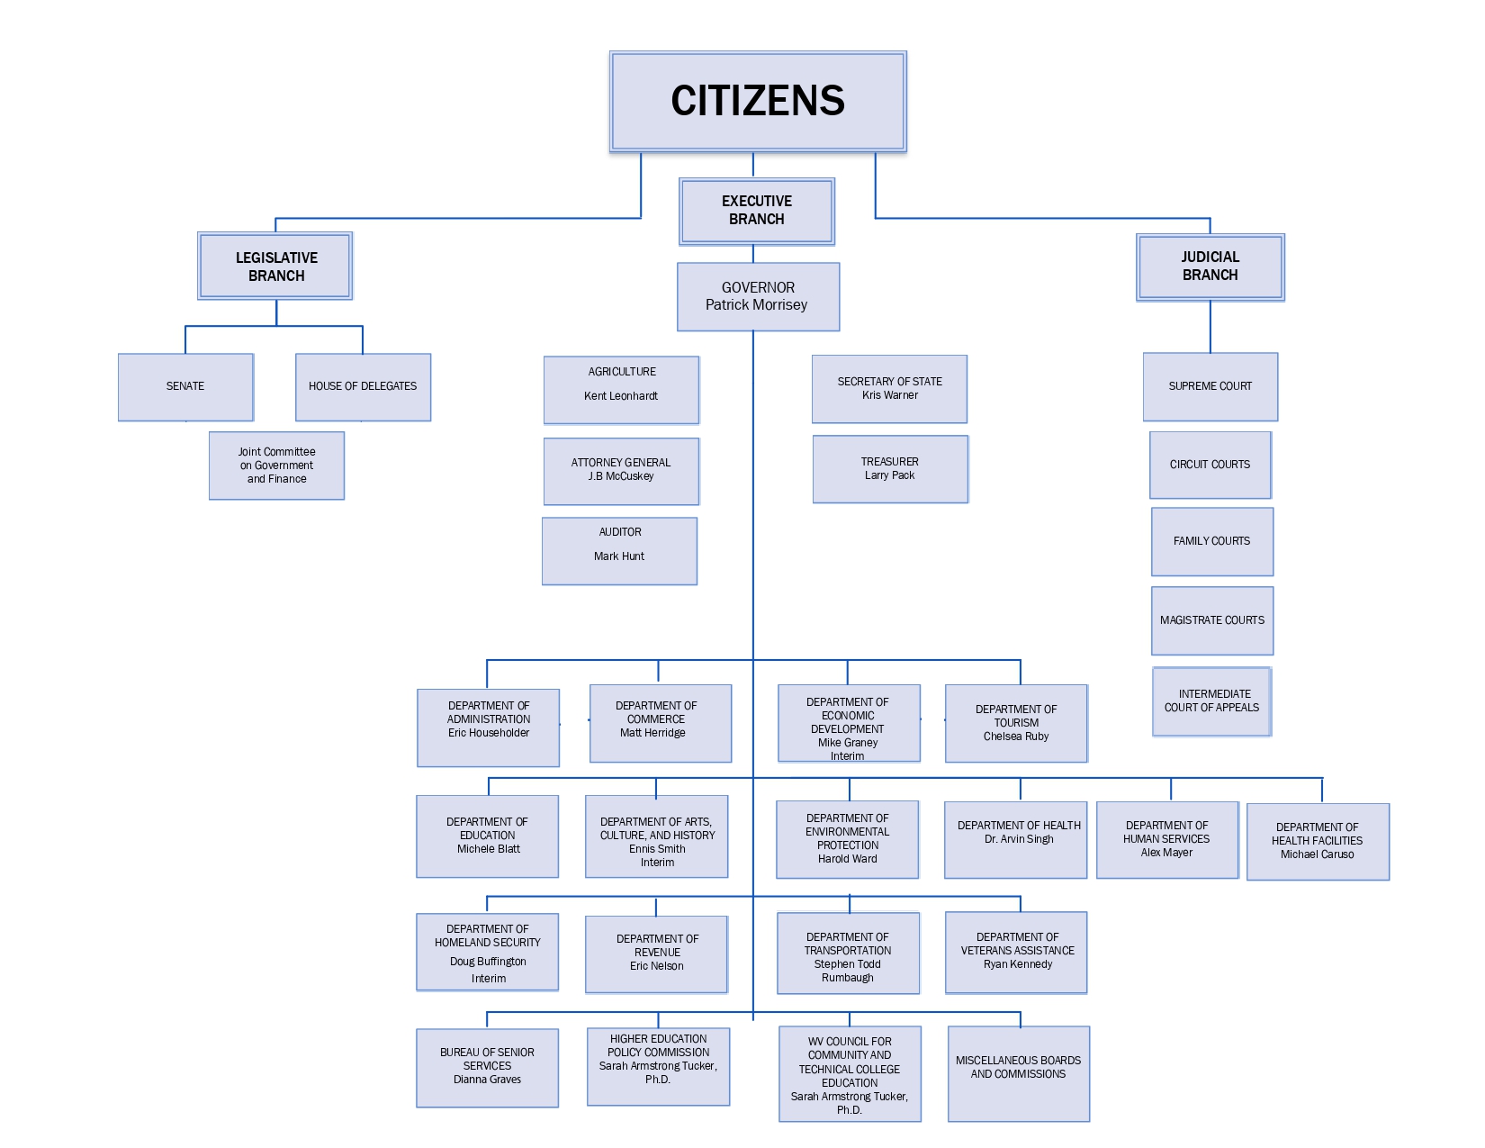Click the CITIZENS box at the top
(x=758, y=101)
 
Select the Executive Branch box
(x=757, y=211)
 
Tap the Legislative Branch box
(x=275, y=267)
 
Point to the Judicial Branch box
(x=1210, y=267)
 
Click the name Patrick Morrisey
(x=756, y=305)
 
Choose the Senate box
(x=185, y=386)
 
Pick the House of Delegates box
(x=363, y=386)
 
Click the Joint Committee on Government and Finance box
(x=276, y=466)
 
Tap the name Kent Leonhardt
(x=621, y=396)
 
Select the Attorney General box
(x=621, y=470)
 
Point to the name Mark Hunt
(x=619, y=556)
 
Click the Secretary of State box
(x=889, y=388)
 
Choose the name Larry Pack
(x=889, y=475)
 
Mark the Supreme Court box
(x=1210, y=386)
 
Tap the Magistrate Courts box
(x=1211, y=620)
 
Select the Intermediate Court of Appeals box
(x=1211, y=701)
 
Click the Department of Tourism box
(x=1016, y=723)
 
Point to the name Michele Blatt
(x=489, y=849)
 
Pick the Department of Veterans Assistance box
(x=1017, y=952)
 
